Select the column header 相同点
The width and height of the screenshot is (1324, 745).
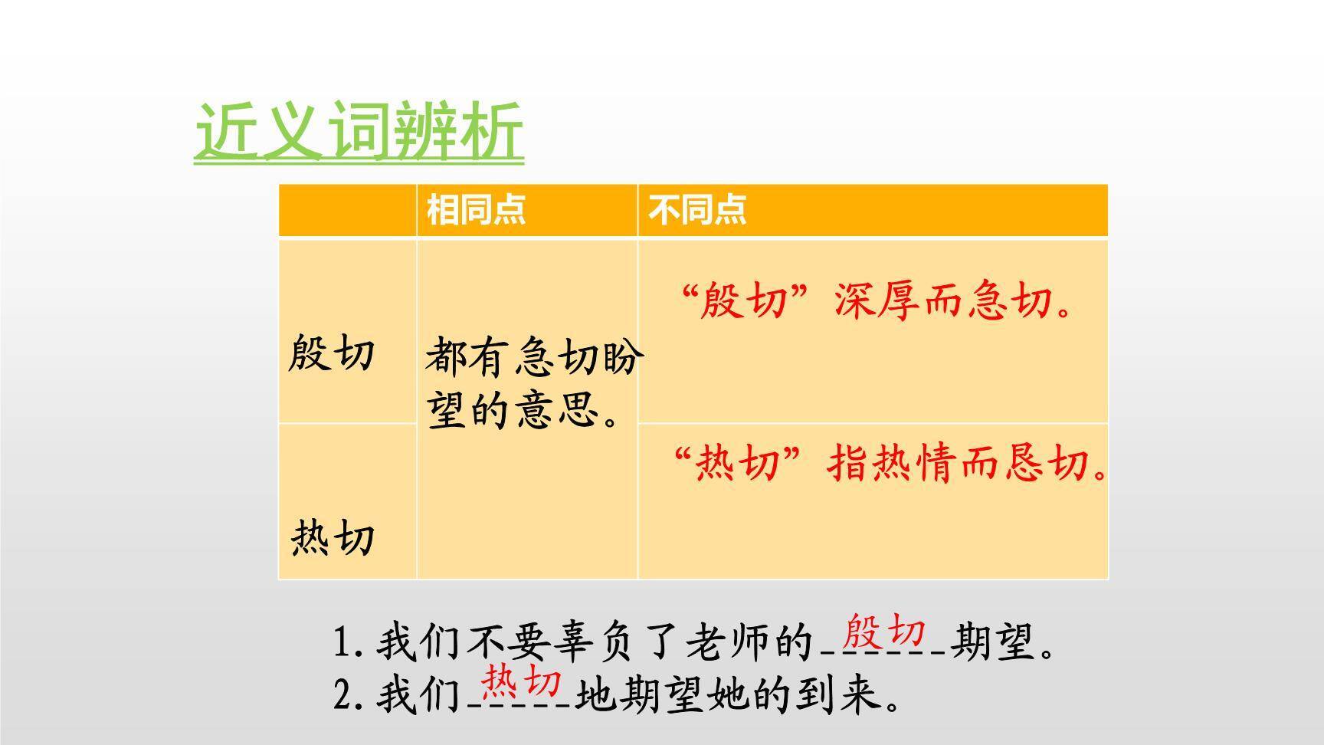pyautogui.click(x=476, y=209)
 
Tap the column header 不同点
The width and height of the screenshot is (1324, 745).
pyautogui.click(x=697, y=209)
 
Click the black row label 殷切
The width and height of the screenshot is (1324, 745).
pyautogui.click(x=331, y=354)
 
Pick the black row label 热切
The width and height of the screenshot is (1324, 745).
pyautogui.click(x=333, y=538)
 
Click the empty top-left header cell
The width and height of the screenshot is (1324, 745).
pyautogui.click(x=347, y=209)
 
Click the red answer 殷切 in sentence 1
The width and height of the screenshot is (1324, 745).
pyautogui.click(x=883, y=633)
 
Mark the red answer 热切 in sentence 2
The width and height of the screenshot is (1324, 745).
pyautogui.click(x=521, y=681)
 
